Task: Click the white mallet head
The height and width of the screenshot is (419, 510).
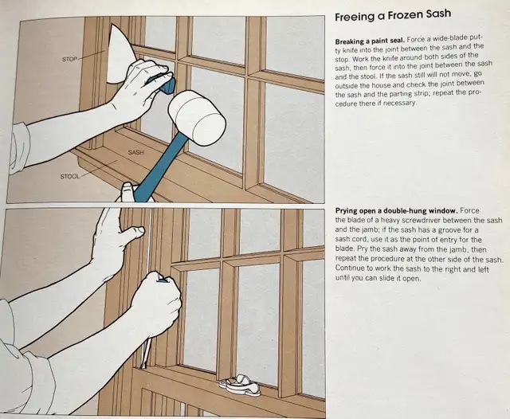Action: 198,118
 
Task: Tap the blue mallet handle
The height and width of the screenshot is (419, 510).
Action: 158,168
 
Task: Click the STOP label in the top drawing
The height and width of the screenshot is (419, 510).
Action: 69,59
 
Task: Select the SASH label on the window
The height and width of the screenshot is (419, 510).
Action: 135,152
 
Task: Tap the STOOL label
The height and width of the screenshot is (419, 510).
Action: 69,177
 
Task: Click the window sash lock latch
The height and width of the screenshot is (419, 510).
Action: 241,386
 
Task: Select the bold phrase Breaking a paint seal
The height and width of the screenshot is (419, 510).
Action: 370,41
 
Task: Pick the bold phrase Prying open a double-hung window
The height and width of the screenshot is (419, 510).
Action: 397,210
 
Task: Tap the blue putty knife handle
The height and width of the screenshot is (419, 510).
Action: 161,84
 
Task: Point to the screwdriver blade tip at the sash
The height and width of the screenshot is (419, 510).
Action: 143,367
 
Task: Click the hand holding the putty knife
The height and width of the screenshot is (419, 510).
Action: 143,87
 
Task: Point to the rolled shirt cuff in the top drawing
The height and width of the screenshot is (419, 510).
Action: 20,147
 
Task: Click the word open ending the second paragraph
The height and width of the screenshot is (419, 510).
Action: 411,279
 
